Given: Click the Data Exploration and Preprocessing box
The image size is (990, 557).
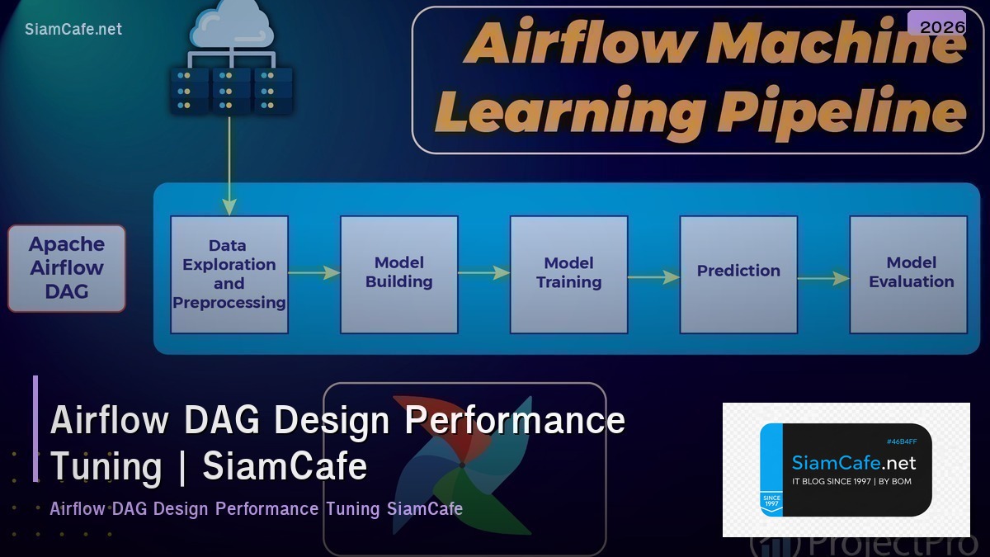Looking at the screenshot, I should tap(229, 274).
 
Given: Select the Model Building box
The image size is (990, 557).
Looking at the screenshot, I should tap(399, 274).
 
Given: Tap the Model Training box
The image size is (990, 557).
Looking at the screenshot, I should tap(568, 274).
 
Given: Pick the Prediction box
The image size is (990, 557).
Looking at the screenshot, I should tap(738, 274).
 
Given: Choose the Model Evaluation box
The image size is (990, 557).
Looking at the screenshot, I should tap(908, 274).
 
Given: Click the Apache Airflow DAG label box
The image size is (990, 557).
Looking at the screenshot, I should tap(67, 268).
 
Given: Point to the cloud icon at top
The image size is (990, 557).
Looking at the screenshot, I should tap(232, 26).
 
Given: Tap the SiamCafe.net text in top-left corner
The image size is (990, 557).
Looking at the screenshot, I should tap(73, 29).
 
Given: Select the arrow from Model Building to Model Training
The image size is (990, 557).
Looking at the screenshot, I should tap(483, 272).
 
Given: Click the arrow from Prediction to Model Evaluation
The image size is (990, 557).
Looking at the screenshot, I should tap(823, 279).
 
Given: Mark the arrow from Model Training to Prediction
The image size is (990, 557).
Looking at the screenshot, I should tap(653, 278).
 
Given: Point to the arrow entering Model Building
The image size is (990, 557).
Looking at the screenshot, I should tap(314, 272).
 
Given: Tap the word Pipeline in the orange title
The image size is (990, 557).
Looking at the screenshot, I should tap(841, 111).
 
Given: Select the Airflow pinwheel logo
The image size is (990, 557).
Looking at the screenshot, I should tap(462, 466).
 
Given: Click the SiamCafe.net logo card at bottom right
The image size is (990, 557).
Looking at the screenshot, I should tap(846, 470).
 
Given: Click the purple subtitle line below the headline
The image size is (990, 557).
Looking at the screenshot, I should tap(256, 508).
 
